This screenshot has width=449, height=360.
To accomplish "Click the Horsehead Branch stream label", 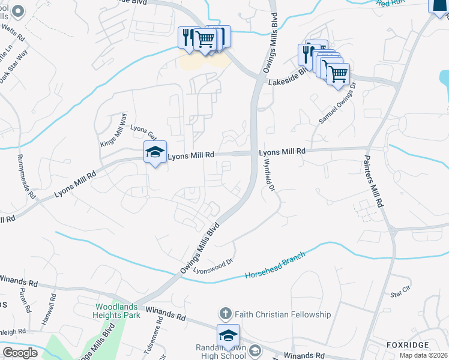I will coord(275,265).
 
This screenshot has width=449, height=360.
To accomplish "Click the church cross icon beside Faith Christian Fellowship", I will coord(225,314).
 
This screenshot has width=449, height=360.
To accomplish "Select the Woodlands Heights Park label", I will coord(118,310).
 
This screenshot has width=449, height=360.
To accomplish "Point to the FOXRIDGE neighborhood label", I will coord(408,346).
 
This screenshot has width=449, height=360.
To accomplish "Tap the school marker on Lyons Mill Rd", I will coord(155,153).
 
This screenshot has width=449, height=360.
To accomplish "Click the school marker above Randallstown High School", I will coord(228,336).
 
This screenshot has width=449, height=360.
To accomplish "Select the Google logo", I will coord(20,352).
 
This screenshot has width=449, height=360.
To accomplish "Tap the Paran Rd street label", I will coord(25,301).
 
